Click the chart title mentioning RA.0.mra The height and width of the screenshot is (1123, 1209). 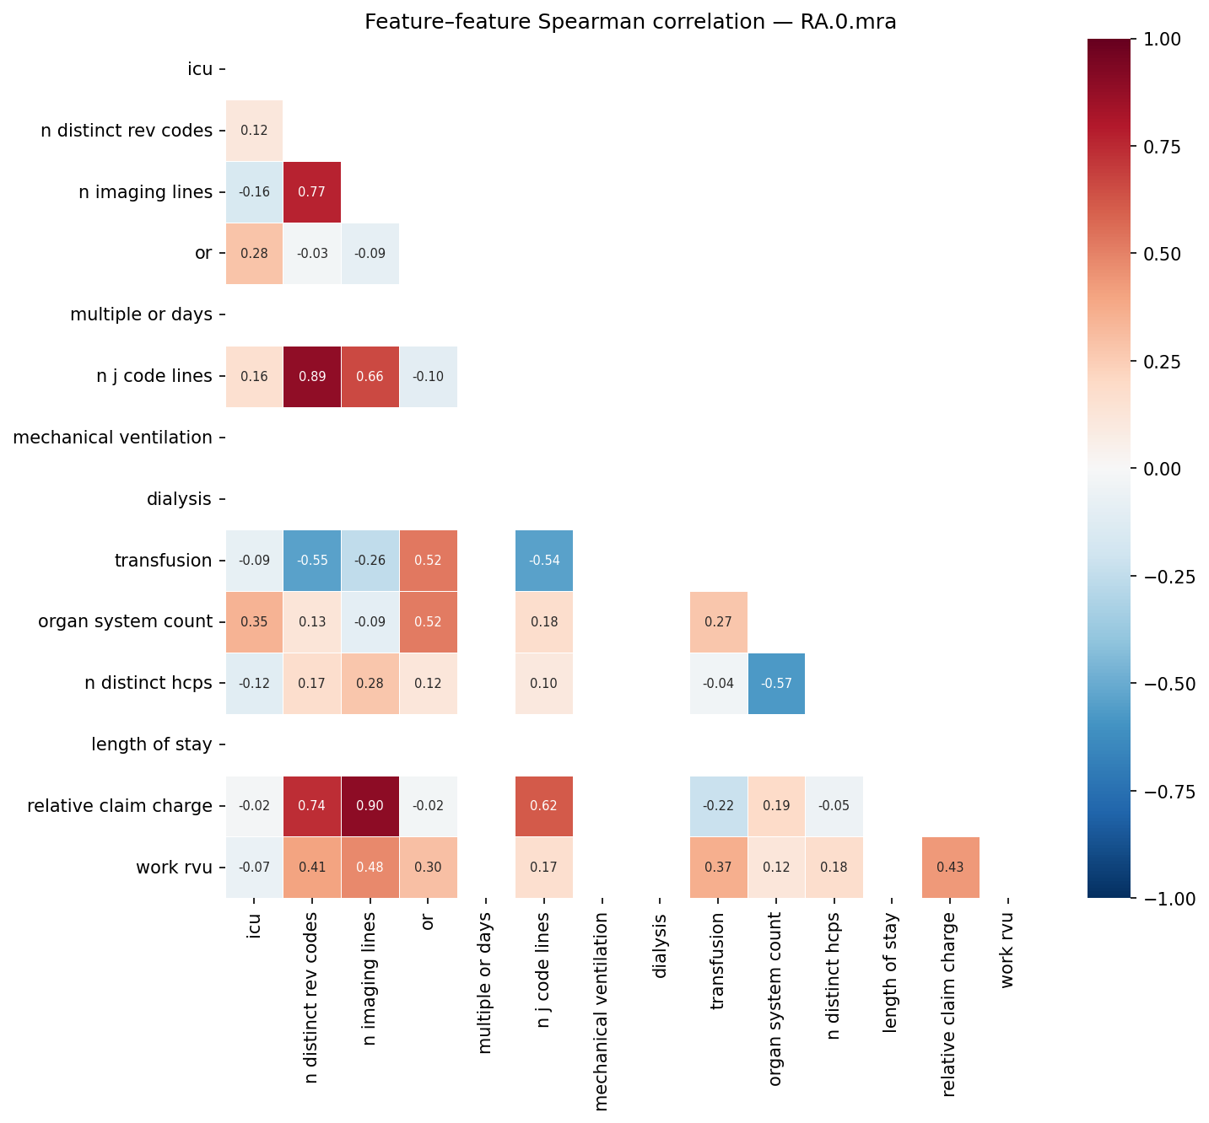click(630, 22)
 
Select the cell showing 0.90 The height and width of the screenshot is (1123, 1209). click(370, 806)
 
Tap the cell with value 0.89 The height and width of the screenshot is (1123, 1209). click(312, 376)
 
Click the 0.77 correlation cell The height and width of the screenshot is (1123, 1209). click(312, 192)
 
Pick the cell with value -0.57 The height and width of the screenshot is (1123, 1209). click(776, 683)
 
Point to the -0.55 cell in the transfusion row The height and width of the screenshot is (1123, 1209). click(312, 561)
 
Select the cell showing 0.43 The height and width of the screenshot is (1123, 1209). click(950, 868)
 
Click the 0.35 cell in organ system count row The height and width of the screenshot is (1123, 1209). click(254, 622)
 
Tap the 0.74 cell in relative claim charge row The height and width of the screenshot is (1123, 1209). click(312, 806)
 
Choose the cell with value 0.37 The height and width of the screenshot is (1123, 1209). click(718, 868)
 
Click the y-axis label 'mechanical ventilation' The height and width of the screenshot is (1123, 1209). click(113, 438)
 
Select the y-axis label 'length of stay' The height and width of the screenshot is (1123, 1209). click(152, 744)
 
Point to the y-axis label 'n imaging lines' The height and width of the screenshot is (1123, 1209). click(145, 192)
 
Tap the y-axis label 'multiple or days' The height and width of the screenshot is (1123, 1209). click(141, 314)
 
